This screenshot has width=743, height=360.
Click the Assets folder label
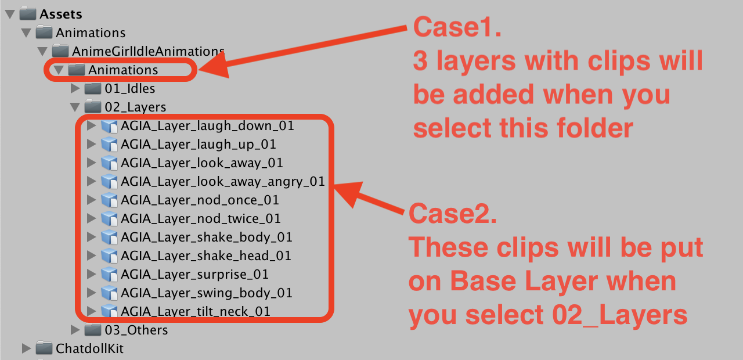(61, 15)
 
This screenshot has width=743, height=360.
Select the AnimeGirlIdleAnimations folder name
(148, 52)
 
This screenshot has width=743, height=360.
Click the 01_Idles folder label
(129, 89)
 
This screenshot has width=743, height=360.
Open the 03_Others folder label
(136, 330)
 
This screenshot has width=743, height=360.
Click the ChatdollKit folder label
(89, 349)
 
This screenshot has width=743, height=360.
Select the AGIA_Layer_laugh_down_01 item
(207, 126)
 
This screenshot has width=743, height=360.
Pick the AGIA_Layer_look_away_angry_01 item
(222, 182)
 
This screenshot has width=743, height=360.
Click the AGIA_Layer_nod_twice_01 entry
(201, 219)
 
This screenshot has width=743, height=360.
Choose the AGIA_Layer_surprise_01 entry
(194, 275)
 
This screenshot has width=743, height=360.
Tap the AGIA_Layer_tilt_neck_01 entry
(196, 312)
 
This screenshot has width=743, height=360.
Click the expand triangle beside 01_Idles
(75, 88)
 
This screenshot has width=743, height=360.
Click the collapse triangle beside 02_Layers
(75, 107)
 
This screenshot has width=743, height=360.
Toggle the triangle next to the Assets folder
(10, 15)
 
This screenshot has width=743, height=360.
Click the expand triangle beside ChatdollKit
(26, 348)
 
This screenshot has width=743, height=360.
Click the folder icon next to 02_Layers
(93, 106)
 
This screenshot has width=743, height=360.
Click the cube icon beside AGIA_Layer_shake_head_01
(109, 256)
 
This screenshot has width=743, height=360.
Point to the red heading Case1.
(457, 27)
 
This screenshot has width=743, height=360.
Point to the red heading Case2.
(453, 214)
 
